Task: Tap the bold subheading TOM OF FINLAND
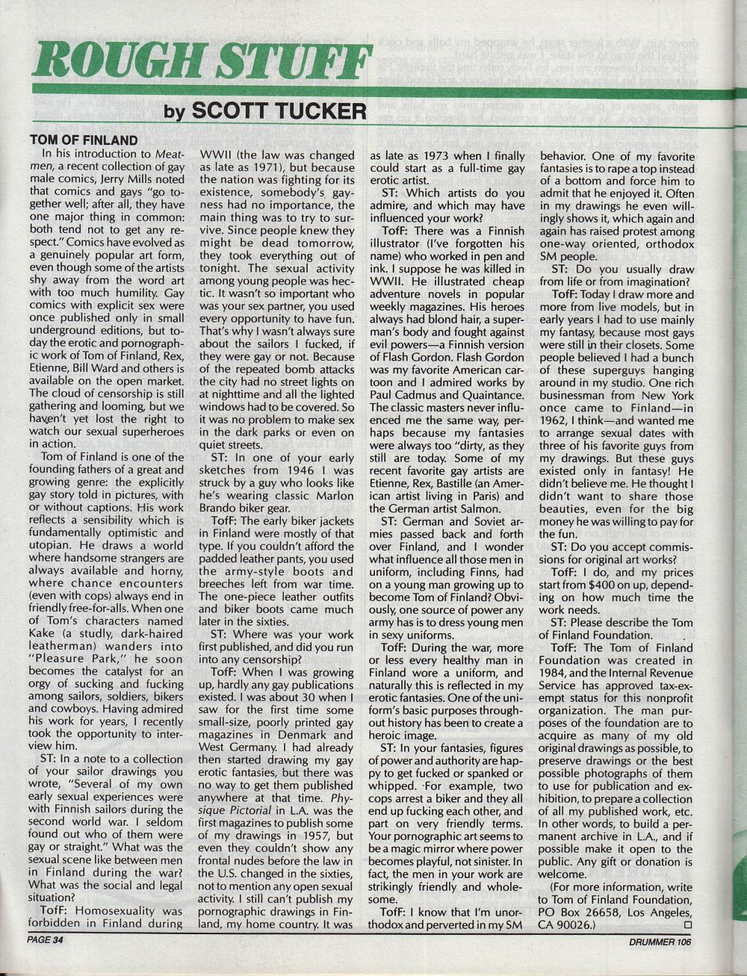click(84, 140)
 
